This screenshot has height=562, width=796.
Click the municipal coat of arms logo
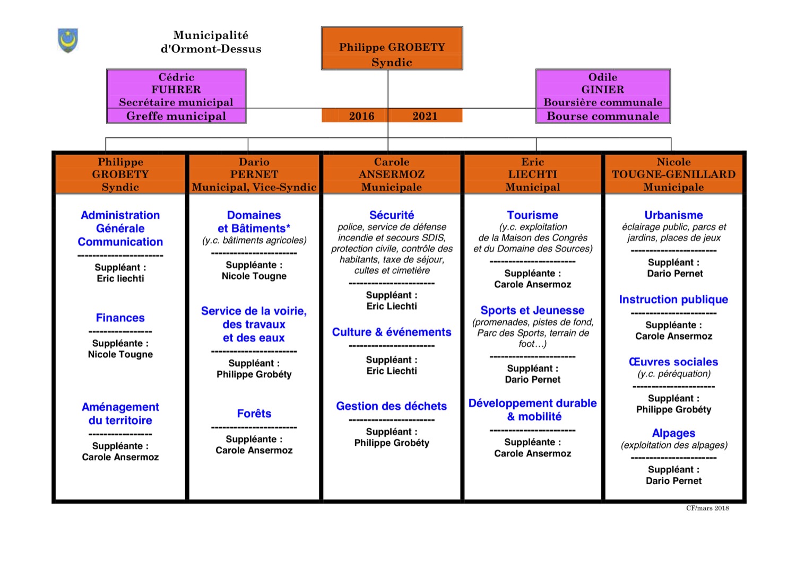point(68,40)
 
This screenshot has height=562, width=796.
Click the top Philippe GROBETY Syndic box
point(392,48)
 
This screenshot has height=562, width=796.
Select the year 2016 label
point(361,116)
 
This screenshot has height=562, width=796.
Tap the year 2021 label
point(425,116)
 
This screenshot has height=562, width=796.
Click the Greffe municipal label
point(176,116)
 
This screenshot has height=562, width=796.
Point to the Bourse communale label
point(603,116)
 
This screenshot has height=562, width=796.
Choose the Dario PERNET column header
point(254,174)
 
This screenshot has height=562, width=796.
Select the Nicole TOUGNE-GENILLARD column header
point(674,174)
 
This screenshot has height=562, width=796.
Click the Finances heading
point(120,318)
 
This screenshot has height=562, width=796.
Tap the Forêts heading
point(254,414)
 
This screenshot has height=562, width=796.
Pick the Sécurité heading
point(392,215)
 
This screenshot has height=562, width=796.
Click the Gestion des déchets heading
point(392,406)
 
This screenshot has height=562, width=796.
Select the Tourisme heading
point(533,215)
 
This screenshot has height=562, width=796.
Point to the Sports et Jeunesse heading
point(533,310)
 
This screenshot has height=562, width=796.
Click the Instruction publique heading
point(674,299)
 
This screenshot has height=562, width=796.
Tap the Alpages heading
point(674,433)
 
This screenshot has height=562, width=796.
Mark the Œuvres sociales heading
point(674,362)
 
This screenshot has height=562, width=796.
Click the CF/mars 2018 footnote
point(707,508)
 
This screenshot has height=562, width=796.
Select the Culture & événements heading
point(392,332)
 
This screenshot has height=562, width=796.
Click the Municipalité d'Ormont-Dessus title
point(211,42)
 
